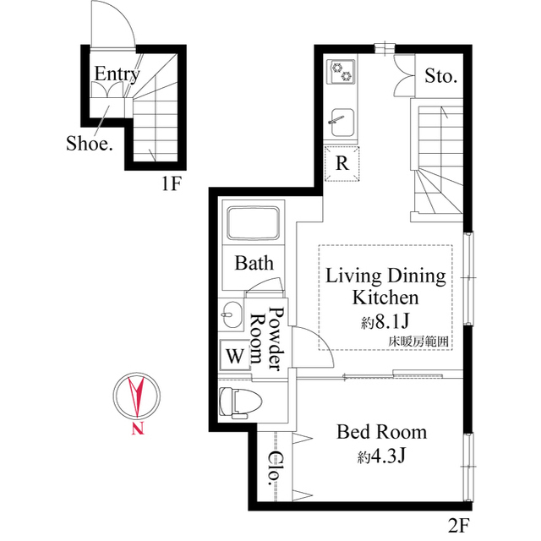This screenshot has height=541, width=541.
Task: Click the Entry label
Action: tap(116, 74)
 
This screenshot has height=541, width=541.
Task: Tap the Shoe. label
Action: tap(89, 144)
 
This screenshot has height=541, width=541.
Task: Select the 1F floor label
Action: tap(172, 183)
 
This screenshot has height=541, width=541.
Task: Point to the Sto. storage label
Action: tap(440, 77)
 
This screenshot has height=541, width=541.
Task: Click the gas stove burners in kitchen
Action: tap(341, 73)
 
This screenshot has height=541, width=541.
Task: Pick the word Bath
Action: tap(254, 264)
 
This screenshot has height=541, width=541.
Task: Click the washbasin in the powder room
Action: tap(232, 318)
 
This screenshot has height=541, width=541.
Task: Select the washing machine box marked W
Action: tap(233, 356)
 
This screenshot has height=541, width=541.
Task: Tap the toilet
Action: tap(238, 401)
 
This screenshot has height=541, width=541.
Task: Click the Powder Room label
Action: tap(268, 340)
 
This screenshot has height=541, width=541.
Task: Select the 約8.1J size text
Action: tap(385, 321)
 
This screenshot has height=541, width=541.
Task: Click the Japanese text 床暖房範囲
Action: tap(418, 341)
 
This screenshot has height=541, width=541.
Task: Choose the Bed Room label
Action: tap(382, 432)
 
